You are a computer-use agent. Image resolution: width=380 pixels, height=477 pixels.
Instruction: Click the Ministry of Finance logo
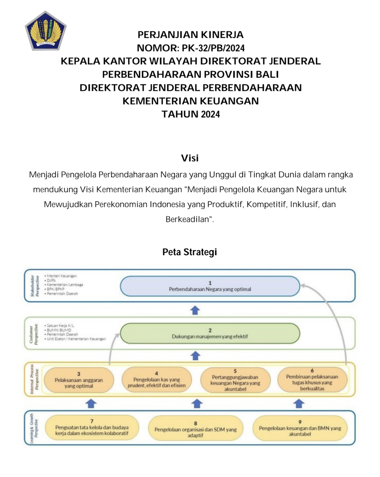[x=46, y=31]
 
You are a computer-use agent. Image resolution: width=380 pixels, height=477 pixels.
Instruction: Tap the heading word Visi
[x=190, y=158]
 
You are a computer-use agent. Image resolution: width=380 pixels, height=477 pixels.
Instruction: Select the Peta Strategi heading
[x=190, y=252]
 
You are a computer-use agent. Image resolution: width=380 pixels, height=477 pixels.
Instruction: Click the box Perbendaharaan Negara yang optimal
[x=210, y=286]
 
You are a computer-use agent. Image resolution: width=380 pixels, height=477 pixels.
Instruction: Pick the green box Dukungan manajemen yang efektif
[x=210, y=333]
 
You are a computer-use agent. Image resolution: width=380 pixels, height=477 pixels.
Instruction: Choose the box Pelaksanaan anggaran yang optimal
[x=78, y=380]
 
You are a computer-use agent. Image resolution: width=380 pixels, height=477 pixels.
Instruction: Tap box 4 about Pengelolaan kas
[x=157, y=380]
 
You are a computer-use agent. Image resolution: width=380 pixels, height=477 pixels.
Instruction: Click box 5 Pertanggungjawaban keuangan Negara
[x=235, y=380]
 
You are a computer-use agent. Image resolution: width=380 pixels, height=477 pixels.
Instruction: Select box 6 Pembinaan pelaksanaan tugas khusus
[x=312, y=380]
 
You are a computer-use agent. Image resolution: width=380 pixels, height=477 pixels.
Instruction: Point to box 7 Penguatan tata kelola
[x=92, y=427]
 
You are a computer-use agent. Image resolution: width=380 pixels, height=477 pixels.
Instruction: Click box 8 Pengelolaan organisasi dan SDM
[x=195, y=429]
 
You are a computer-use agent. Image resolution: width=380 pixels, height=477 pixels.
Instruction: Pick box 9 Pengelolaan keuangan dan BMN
[x=300, y=428]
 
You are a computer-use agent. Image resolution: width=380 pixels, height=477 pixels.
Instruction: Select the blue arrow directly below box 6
[x=298, y=403]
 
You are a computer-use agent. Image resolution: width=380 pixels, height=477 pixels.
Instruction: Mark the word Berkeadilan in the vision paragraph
[x=189, y=220]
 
